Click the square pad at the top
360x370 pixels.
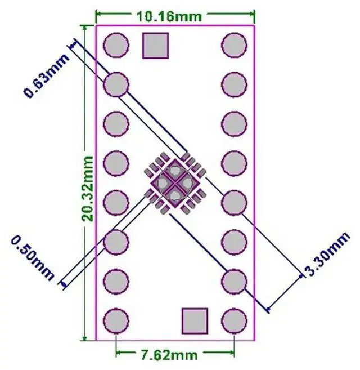156,46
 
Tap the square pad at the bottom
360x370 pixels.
195,320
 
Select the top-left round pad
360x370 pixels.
116,46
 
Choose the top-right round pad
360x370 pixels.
234,46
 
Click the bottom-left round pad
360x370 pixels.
116,320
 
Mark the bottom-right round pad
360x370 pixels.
234,320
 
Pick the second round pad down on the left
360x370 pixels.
116,85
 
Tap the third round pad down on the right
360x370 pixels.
234,124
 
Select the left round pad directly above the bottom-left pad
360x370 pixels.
116,281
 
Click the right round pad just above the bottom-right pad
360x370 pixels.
234,281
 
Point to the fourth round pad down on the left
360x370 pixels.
116,163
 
